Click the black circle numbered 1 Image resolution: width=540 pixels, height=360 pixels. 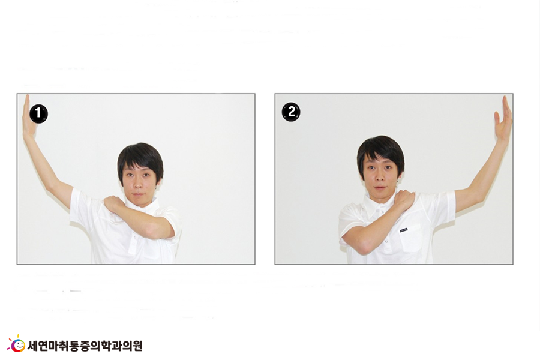click(38, 113)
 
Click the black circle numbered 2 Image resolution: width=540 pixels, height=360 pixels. click(291, 112)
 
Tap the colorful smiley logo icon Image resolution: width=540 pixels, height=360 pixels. click(16, 343)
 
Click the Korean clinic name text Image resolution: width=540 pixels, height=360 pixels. click(85, 346)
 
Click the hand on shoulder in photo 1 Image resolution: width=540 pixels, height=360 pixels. click(115, 203)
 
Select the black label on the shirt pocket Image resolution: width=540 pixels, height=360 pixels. click(404, 230)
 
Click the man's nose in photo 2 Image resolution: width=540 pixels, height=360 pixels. click(378, 177)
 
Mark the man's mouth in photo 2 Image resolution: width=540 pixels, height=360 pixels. click(379, 187)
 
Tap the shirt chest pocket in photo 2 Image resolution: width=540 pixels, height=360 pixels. click(410, 238)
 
